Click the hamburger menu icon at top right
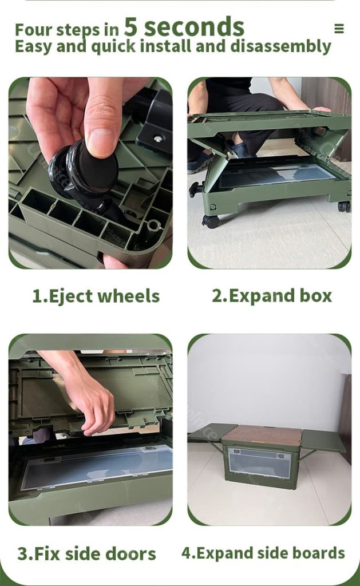click(x=339, y=29)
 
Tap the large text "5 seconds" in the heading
click(x=184, y=26)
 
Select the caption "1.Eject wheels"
click(x=96, y=296)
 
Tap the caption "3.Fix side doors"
click(x=86, y=553)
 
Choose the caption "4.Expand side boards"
click(x=263, y=553)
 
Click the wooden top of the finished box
click(x=261, y=435)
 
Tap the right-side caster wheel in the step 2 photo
click(x=343, y=206)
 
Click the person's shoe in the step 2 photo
click(x=201, y=163)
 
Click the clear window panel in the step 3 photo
click(x=97, y=466)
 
